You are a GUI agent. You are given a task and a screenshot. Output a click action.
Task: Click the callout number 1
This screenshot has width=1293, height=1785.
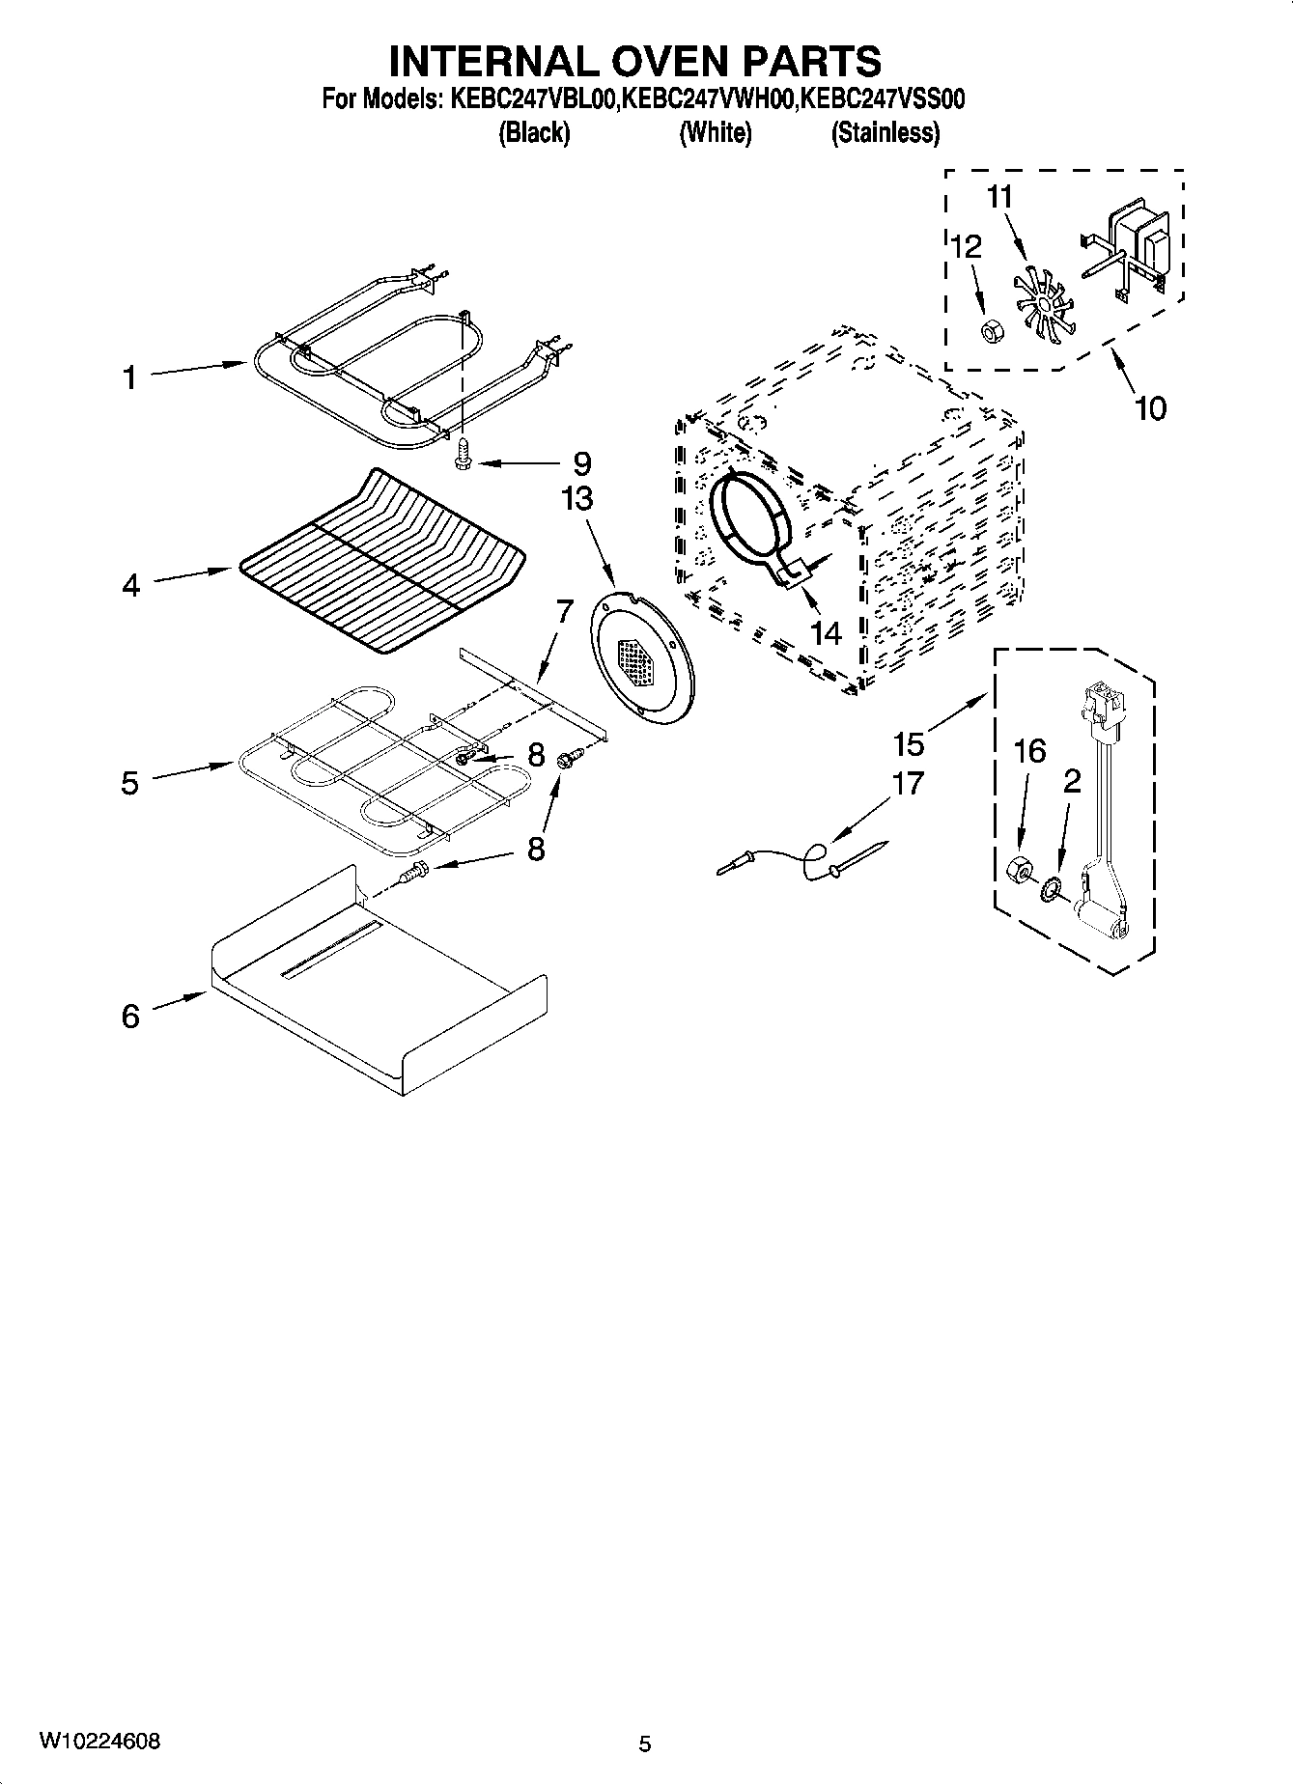129,378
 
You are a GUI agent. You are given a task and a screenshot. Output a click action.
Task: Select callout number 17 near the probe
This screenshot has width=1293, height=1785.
908,782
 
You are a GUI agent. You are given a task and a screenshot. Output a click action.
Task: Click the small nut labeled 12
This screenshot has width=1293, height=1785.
990,332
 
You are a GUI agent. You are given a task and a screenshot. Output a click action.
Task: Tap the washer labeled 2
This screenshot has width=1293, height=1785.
1051,886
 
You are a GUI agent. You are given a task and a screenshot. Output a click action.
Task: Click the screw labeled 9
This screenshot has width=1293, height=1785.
463,455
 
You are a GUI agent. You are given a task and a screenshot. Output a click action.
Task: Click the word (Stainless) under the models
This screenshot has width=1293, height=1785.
885,133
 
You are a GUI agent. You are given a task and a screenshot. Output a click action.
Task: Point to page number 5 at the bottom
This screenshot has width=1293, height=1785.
645,1743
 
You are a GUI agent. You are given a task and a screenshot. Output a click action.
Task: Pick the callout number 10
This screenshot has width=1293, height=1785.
1149,408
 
